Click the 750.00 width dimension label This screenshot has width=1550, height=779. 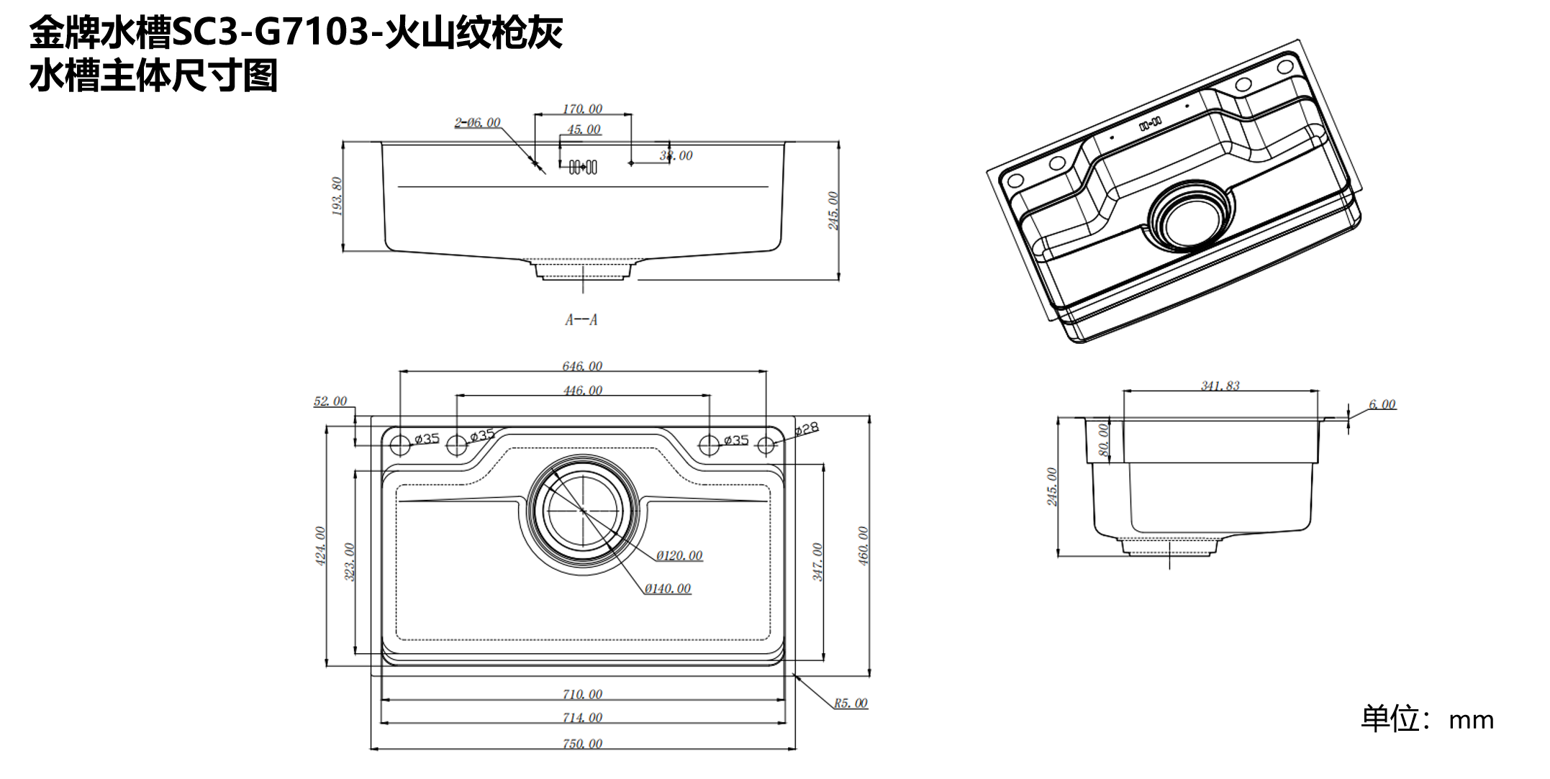coord(582,744)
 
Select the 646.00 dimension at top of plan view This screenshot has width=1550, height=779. coord(582,366)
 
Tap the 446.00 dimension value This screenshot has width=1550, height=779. coord(582,391)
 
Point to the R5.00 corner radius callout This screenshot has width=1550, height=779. coord(851,703)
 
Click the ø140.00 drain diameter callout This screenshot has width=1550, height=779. coord(668,588)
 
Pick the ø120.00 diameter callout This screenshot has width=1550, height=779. coord(679,555)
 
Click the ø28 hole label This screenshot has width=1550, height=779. coord(807,429)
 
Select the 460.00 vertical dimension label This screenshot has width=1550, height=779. coord(864,546)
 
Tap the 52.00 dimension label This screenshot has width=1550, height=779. coord(330,401)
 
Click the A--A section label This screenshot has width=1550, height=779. coord(581,320)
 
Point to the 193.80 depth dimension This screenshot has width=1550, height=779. coord(337,196)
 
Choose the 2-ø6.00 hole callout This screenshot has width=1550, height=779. coord(477,122)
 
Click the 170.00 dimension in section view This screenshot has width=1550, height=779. coord(582,109)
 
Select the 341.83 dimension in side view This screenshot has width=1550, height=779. coord(1220,386)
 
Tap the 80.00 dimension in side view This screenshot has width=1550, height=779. coord(1103,439)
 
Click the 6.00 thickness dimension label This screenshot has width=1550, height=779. coord(1382,404)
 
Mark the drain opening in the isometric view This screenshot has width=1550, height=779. coord(1191,218)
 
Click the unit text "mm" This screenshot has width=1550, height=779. coord(1471,720)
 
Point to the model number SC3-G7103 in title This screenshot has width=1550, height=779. coord(273,32)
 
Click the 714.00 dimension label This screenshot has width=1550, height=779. coord(582,717)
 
